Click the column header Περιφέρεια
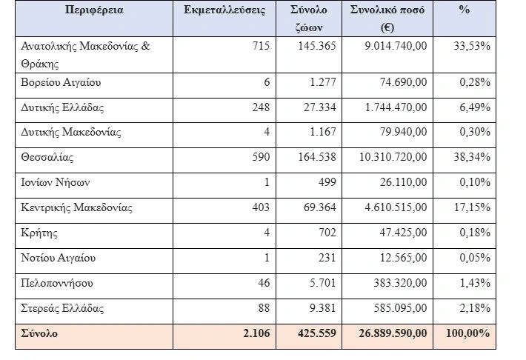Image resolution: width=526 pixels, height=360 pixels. [95, 10]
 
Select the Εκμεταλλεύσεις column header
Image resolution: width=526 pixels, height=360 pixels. [224, 10]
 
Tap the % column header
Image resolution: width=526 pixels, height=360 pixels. [465, 10]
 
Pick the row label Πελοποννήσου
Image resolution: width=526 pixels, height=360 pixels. [59, 283]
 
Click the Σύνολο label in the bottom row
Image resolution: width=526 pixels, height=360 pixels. [41, 333]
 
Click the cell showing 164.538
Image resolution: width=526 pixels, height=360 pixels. [315, 157]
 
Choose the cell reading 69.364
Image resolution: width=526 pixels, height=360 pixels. [319, 207]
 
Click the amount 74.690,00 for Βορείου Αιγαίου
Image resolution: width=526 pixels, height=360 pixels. [401, 81]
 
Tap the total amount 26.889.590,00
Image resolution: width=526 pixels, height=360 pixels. [390, 333]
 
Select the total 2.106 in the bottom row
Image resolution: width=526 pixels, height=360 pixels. [256, 333]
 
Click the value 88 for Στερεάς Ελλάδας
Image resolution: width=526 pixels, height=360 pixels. [263, 308]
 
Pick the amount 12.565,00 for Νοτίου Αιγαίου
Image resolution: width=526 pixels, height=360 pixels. [401, 258]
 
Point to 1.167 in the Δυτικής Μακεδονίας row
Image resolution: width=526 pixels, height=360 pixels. [322, 132]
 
